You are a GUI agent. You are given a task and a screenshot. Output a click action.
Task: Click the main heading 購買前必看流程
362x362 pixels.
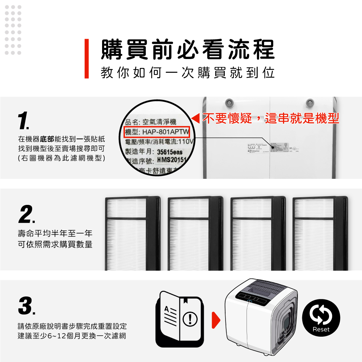(187, 50)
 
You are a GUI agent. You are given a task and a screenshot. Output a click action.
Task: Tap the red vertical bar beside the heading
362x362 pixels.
(87, 59)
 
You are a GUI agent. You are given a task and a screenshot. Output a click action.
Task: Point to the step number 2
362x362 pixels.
(26, 215)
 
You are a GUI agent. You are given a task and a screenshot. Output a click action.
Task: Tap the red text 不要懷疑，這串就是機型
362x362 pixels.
(270, 118)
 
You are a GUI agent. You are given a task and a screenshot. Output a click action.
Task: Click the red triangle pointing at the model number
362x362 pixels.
(196, 118)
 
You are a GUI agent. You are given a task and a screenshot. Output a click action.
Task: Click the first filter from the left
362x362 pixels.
(132, 233)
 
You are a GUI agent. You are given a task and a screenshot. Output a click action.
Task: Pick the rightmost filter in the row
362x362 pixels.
(320, 233)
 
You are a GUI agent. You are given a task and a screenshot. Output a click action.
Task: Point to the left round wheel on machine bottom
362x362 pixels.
(229, 103)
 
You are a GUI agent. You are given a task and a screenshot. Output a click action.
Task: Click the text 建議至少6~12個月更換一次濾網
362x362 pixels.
(72, 336)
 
